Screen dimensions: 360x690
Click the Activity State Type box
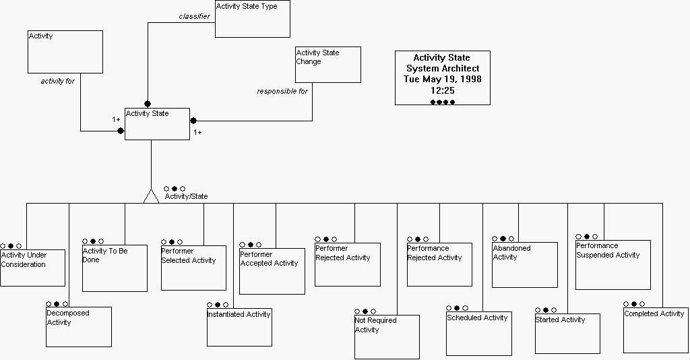[253, 19]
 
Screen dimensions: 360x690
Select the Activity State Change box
[328, 65]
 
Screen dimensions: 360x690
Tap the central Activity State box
[157, 124]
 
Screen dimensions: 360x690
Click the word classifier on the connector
[194, 16]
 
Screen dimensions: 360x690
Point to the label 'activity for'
[57, 82]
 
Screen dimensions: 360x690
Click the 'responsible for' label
[282, 91]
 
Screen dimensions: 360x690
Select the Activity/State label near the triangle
[186, 196]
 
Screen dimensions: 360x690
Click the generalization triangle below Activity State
[151, 196]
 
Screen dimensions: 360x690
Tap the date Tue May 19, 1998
[442, 79]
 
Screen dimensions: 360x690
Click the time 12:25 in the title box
[442, 90]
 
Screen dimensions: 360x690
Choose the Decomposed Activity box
[78, 327]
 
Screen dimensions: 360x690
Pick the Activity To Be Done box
[115, 268]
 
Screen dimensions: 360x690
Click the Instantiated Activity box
[239, 327]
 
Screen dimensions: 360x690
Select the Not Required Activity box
[387, 336]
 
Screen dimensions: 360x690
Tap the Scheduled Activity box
[479, 333]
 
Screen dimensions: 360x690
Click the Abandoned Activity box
[524, 264]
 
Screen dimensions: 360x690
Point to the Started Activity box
[567, 333]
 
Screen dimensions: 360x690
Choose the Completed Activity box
[656, 330]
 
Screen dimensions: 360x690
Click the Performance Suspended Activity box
[613, 264]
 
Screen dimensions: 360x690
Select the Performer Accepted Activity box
[272, 271]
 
